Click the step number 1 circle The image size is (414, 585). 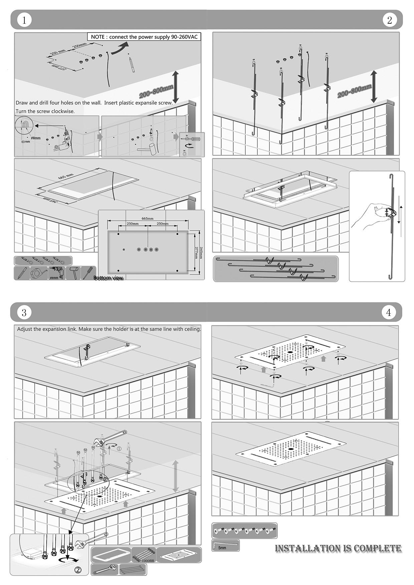[x=24, y=20]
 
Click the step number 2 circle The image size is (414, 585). [x=389, y=20]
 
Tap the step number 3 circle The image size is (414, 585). [x=24, y=313]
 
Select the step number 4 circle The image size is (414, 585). [x=388, y=313]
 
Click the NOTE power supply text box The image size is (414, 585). [x=144, y=37]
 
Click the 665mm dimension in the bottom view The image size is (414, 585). [x=147, y=218]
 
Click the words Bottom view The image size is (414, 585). [x=108, y=278]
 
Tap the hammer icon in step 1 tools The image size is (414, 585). [x=73, y=273]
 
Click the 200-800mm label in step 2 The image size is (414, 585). [x=354, y=91]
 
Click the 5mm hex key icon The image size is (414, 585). [x=225, y=546]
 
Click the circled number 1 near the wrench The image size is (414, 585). [x=119, y=449]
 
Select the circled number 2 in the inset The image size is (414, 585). [x=78, y=570]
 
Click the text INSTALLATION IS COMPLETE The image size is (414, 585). [x=338, y=548]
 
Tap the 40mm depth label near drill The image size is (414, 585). [x=25, y=141]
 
